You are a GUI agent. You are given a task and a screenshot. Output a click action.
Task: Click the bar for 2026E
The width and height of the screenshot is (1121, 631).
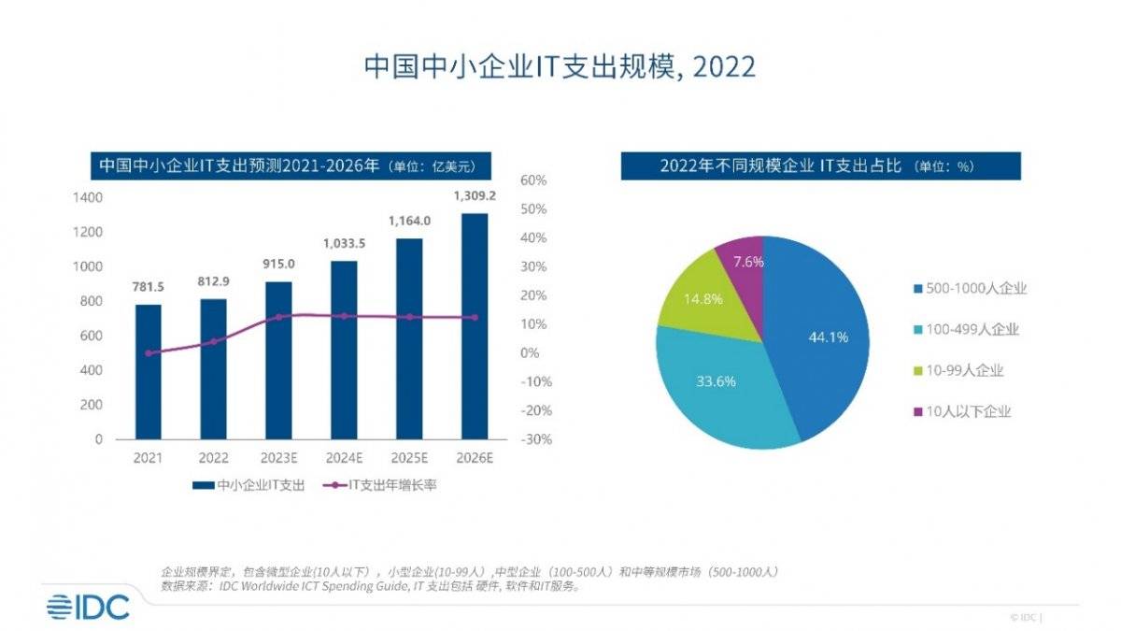click(x=475, y=327)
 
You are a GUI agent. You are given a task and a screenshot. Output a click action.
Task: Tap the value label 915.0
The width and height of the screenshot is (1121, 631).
click(x=278, y=265)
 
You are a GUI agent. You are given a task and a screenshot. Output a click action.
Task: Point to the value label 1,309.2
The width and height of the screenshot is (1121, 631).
click(x=475, y=196)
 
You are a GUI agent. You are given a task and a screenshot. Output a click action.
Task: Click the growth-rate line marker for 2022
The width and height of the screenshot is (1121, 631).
click(x=213, y=341)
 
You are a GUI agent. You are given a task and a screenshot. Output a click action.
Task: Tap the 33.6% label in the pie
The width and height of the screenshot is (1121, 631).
click(x=717, y=381)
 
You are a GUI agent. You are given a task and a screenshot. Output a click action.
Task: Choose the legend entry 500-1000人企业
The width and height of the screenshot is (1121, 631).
click(x=971, y=289)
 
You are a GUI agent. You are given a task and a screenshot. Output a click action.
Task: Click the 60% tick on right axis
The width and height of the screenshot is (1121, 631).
click(x=533, y=180)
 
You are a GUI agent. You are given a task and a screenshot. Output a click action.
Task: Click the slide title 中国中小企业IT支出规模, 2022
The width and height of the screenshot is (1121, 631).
click(x=560, y=67)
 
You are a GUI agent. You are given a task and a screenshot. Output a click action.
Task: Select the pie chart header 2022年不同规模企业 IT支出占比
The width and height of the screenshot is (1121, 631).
click(x=820, y=166)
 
